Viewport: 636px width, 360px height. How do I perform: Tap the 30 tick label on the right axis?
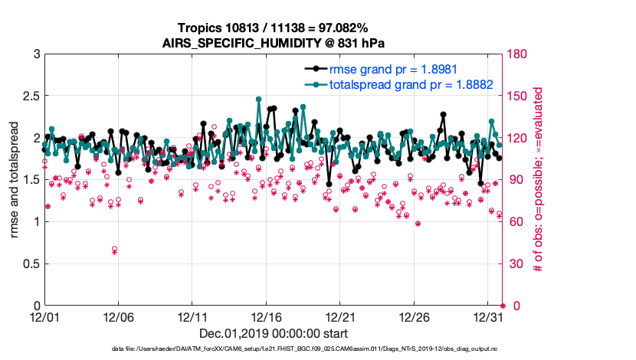pos(516,264)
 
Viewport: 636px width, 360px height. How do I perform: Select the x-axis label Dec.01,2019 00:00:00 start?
pos(274,333)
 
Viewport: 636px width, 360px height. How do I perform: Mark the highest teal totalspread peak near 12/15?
pos(258,99)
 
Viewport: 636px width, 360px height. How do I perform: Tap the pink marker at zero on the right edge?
pos(503,306)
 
